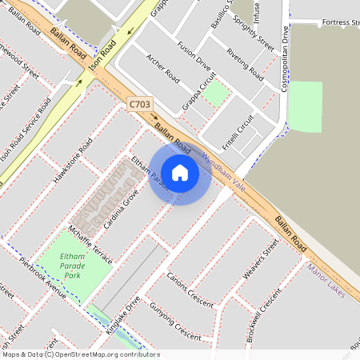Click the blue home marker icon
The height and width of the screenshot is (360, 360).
[180, 172]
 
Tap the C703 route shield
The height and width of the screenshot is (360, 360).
[138, 104]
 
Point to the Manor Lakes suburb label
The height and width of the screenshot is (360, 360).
[326, 281]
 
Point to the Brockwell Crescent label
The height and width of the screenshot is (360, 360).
[265, 314]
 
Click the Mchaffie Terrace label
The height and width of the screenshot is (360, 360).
[90, 243]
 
